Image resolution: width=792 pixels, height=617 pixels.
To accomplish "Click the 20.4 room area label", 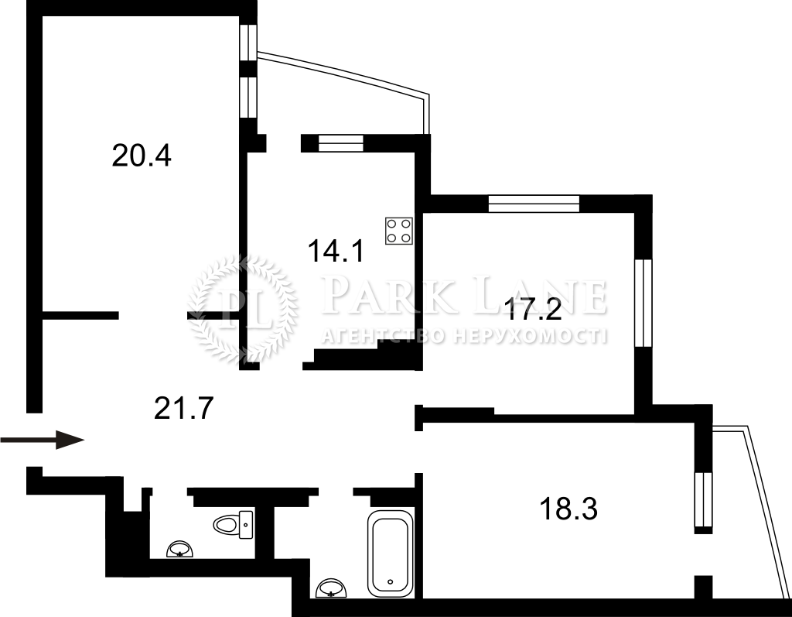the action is (142, 156).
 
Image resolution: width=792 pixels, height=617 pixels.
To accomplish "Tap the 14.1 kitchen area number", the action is (336, 251).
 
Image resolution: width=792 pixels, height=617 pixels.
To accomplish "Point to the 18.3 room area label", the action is (568, 509).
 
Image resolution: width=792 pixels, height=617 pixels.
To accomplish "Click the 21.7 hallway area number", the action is (184, 408).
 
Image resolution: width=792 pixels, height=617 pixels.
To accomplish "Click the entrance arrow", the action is (42, 440).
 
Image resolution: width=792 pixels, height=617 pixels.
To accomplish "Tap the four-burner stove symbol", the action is (399, 231).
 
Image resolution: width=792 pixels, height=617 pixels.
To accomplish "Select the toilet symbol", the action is (233, 524).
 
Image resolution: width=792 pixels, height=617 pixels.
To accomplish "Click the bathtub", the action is (390, 554).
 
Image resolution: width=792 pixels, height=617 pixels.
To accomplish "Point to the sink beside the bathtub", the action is (332, 588).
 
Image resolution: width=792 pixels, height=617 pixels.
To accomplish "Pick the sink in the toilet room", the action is (180, 549).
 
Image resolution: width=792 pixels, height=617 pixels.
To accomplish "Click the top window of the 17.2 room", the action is (534, 204).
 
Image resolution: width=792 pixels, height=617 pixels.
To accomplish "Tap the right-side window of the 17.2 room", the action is (643, 303).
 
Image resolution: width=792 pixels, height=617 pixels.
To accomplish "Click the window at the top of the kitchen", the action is (341, 143).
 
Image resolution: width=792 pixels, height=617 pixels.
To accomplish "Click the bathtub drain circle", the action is (390, 581).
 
